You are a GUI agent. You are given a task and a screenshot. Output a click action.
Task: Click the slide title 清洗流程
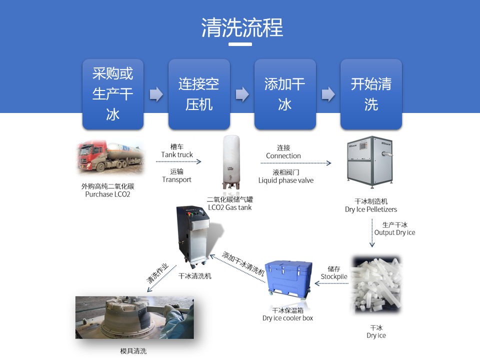click(x=242, y=28)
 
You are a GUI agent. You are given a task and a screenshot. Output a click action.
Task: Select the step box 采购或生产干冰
click(x=113, y=94)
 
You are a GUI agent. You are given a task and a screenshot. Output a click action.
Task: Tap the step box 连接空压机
click(x=199, y=94)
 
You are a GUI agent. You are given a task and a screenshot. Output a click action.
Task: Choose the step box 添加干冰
click(x=285, y=94)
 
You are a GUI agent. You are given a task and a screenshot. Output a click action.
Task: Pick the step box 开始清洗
click(x=371, y=94)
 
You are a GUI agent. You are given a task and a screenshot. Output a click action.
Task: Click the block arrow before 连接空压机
click(x=156, y=94)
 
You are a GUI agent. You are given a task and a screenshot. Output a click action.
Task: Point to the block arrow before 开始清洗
click(x=328, y=94)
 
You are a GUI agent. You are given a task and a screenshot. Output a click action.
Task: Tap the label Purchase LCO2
click(x=107, y=194)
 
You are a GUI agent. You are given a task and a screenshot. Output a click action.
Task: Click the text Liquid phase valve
click(x=286, y=180)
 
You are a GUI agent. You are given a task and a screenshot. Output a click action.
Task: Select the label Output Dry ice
click(x=394, y=232)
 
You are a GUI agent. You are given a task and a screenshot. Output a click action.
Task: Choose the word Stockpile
click(x=334, y=276)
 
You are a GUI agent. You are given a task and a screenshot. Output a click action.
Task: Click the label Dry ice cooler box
click(x=287, y=318)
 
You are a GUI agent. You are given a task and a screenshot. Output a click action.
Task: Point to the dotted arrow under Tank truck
click(x=179, y=162)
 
